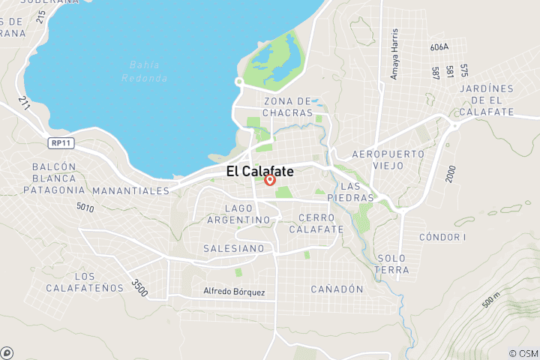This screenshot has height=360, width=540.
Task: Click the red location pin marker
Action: point(271,180)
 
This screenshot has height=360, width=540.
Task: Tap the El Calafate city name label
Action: point(260,171)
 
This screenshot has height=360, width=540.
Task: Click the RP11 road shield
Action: point(61,141)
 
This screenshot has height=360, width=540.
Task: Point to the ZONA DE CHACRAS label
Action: point(288,106)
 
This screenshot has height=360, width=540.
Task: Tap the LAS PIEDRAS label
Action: point(356,191)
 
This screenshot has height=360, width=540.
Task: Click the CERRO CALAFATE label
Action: point(321,223)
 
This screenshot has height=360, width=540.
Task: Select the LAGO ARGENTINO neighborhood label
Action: point(247,214)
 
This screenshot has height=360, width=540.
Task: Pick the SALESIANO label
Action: point(233,248)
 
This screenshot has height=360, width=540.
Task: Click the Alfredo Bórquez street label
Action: point(234,291)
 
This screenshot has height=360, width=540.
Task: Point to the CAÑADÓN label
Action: point(337,289)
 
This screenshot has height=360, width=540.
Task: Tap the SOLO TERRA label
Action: point(393,264)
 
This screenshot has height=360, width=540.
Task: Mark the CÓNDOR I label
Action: point(442,237)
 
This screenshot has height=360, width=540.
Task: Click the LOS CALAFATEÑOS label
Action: point(73,282)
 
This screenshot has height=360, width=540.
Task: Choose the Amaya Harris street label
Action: point(394,55)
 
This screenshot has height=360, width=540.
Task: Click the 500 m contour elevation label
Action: point(490,298)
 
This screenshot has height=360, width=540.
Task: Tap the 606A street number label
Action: point(439,46)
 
